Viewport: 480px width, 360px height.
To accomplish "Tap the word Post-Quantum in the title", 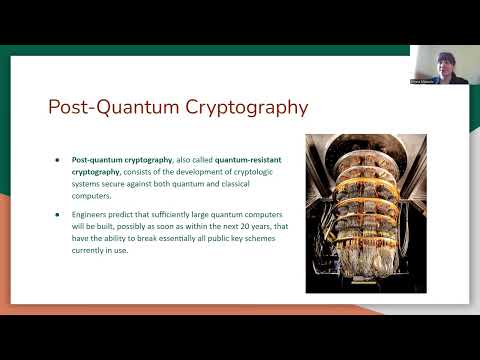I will (x=95, y=107).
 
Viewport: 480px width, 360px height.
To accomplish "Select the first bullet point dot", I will (x=58, y=159).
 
